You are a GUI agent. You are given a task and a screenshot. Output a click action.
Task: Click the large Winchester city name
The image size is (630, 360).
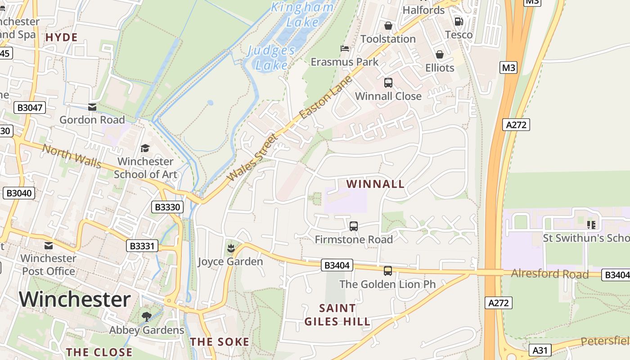(x=75, y=299)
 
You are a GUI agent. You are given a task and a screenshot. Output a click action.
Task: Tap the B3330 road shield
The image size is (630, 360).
(x=167, y=207)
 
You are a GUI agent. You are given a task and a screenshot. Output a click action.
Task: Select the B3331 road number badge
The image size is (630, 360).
(x=142, y=246)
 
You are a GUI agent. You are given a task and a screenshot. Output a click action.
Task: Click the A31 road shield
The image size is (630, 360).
(x=541, y=350)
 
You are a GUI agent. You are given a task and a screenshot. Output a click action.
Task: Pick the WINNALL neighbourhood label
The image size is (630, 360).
(x=375, y=184)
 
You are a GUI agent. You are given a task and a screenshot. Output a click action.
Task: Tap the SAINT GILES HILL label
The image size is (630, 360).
(x=337, y=315)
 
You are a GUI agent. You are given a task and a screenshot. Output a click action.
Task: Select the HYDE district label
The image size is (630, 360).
(x=62, y=37)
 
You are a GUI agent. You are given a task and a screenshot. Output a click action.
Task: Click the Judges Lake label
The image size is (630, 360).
(x=271, y=58)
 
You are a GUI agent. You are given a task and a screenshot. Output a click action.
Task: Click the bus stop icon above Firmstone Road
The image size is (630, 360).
(x=354, y=226)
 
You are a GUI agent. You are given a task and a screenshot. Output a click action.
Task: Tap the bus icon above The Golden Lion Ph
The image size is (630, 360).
(x=387, y=270)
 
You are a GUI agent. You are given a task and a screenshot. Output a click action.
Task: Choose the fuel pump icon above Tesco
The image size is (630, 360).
(x=459, y=21)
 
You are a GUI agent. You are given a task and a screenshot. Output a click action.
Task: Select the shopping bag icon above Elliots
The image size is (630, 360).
(x=440, y=54)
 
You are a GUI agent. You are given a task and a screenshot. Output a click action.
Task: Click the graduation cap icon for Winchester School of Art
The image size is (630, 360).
(x=145, y=148)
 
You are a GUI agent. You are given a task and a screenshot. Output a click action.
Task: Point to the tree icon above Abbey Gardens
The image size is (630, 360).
(x=146, y=317)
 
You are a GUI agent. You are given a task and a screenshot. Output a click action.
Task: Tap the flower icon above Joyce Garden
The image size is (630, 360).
(x=231, y=248)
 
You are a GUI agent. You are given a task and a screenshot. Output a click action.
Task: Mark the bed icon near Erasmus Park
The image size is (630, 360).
(x=345, y=48)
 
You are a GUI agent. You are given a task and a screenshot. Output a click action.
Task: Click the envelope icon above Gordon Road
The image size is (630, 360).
(x=92, y=107)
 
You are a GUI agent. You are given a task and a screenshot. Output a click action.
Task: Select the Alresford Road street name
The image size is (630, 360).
(x=550, y=274)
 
